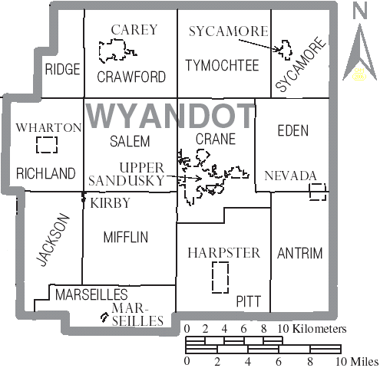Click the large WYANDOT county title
click(x=170, y=116)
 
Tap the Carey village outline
click(x=117, y=51)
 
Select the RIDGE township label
click(x=62, y=69)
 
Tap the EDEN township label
click(x=293, y=131)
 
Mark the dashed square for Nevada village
click(x=318, y=192)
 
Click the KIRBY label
click(x=111, y=203)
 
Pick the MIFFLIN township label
click(x=125, y=237)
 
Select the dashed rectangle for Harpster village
click(x=221, y=276)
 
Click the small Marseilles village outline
click(x=102, y=317)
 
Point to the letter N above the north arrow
click(x=359, y=11)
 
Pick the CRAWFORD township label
click(x=131, y=77)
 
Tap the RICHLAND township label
click(x=45, y=172)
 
